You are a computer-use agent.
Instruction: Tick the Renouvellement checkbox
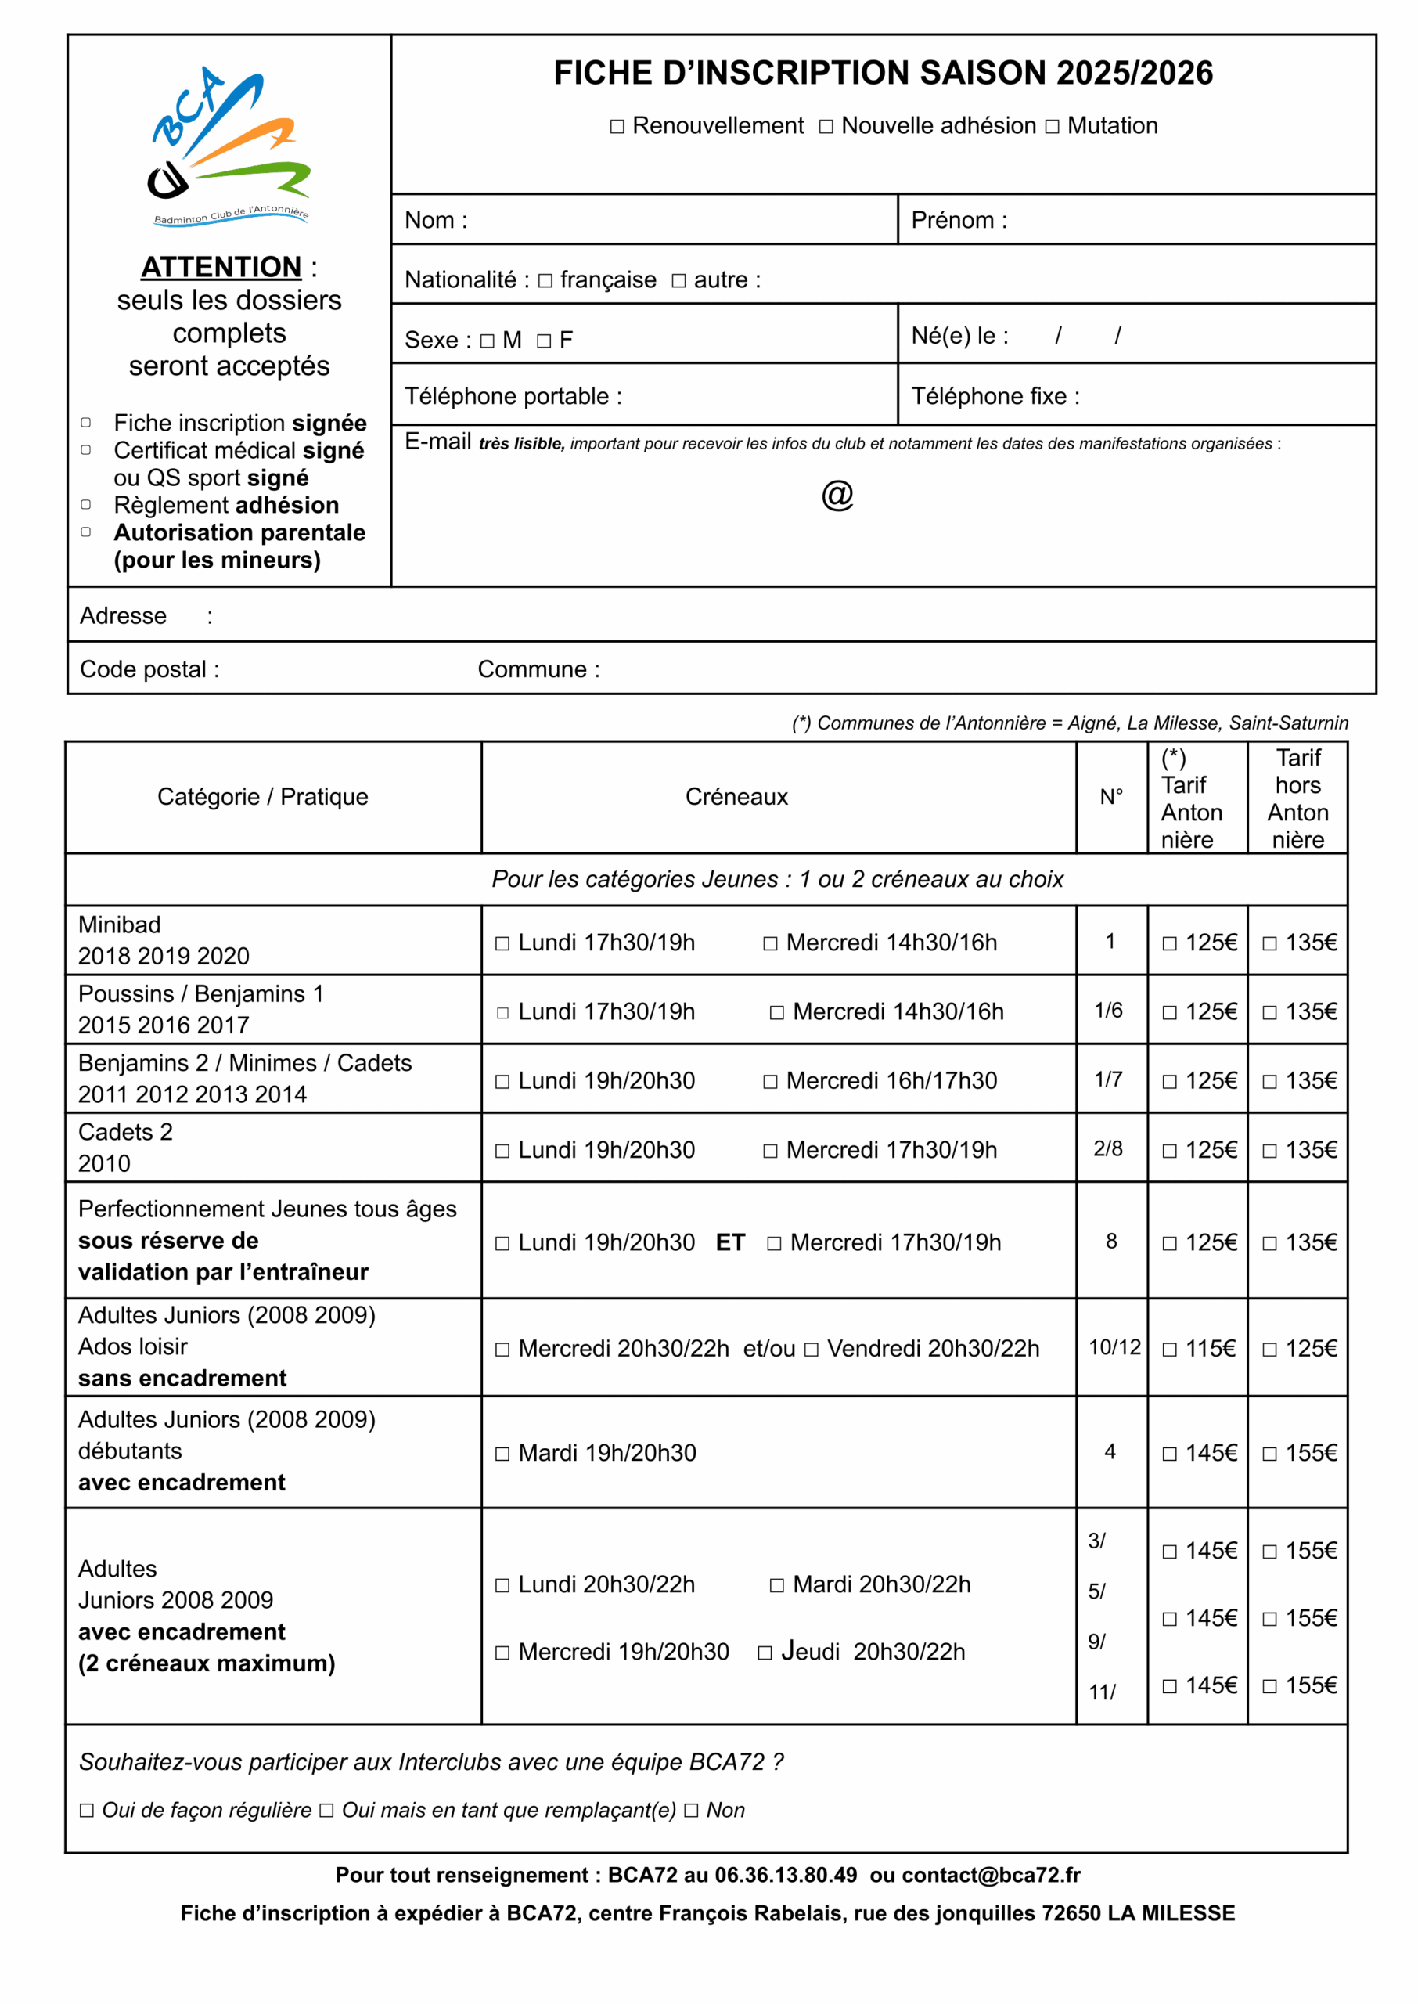tap(617, 127)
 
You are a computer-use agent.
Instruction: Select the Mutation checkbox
tap(1052, 127)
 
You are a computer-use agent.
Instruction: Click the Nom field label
tap(436, 220)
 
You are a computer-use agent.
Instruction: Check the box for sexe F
tap(544, 341)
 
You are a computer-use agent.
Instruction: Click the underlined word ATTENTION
tap(221, 266)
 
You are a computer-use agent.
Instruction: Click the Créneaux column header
tap(736, 796)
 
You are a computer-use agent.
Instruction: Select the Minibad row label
tap(120, 925)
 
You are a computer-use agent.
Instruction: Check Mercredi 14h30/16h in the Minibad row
tap(770, 943)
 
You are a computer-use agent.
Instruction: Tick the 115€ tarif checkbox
tap(1169, 1349)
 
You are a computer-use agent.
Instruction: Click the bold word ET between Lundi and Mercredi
tap(730, 1242)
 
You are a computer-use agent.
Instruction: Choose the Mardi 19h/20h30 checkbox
tap(502, 1454)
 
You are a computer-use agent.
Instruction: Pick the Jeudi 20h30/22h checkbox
tap(765, 1652)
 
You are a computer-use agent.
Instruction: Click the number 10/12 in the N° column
tap(1114, 1347)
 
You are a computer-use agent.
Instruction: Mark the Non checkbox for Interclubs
tap(691, 1810)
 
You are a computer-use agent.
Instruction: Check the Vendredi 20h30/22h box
tap(812, 1349)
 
